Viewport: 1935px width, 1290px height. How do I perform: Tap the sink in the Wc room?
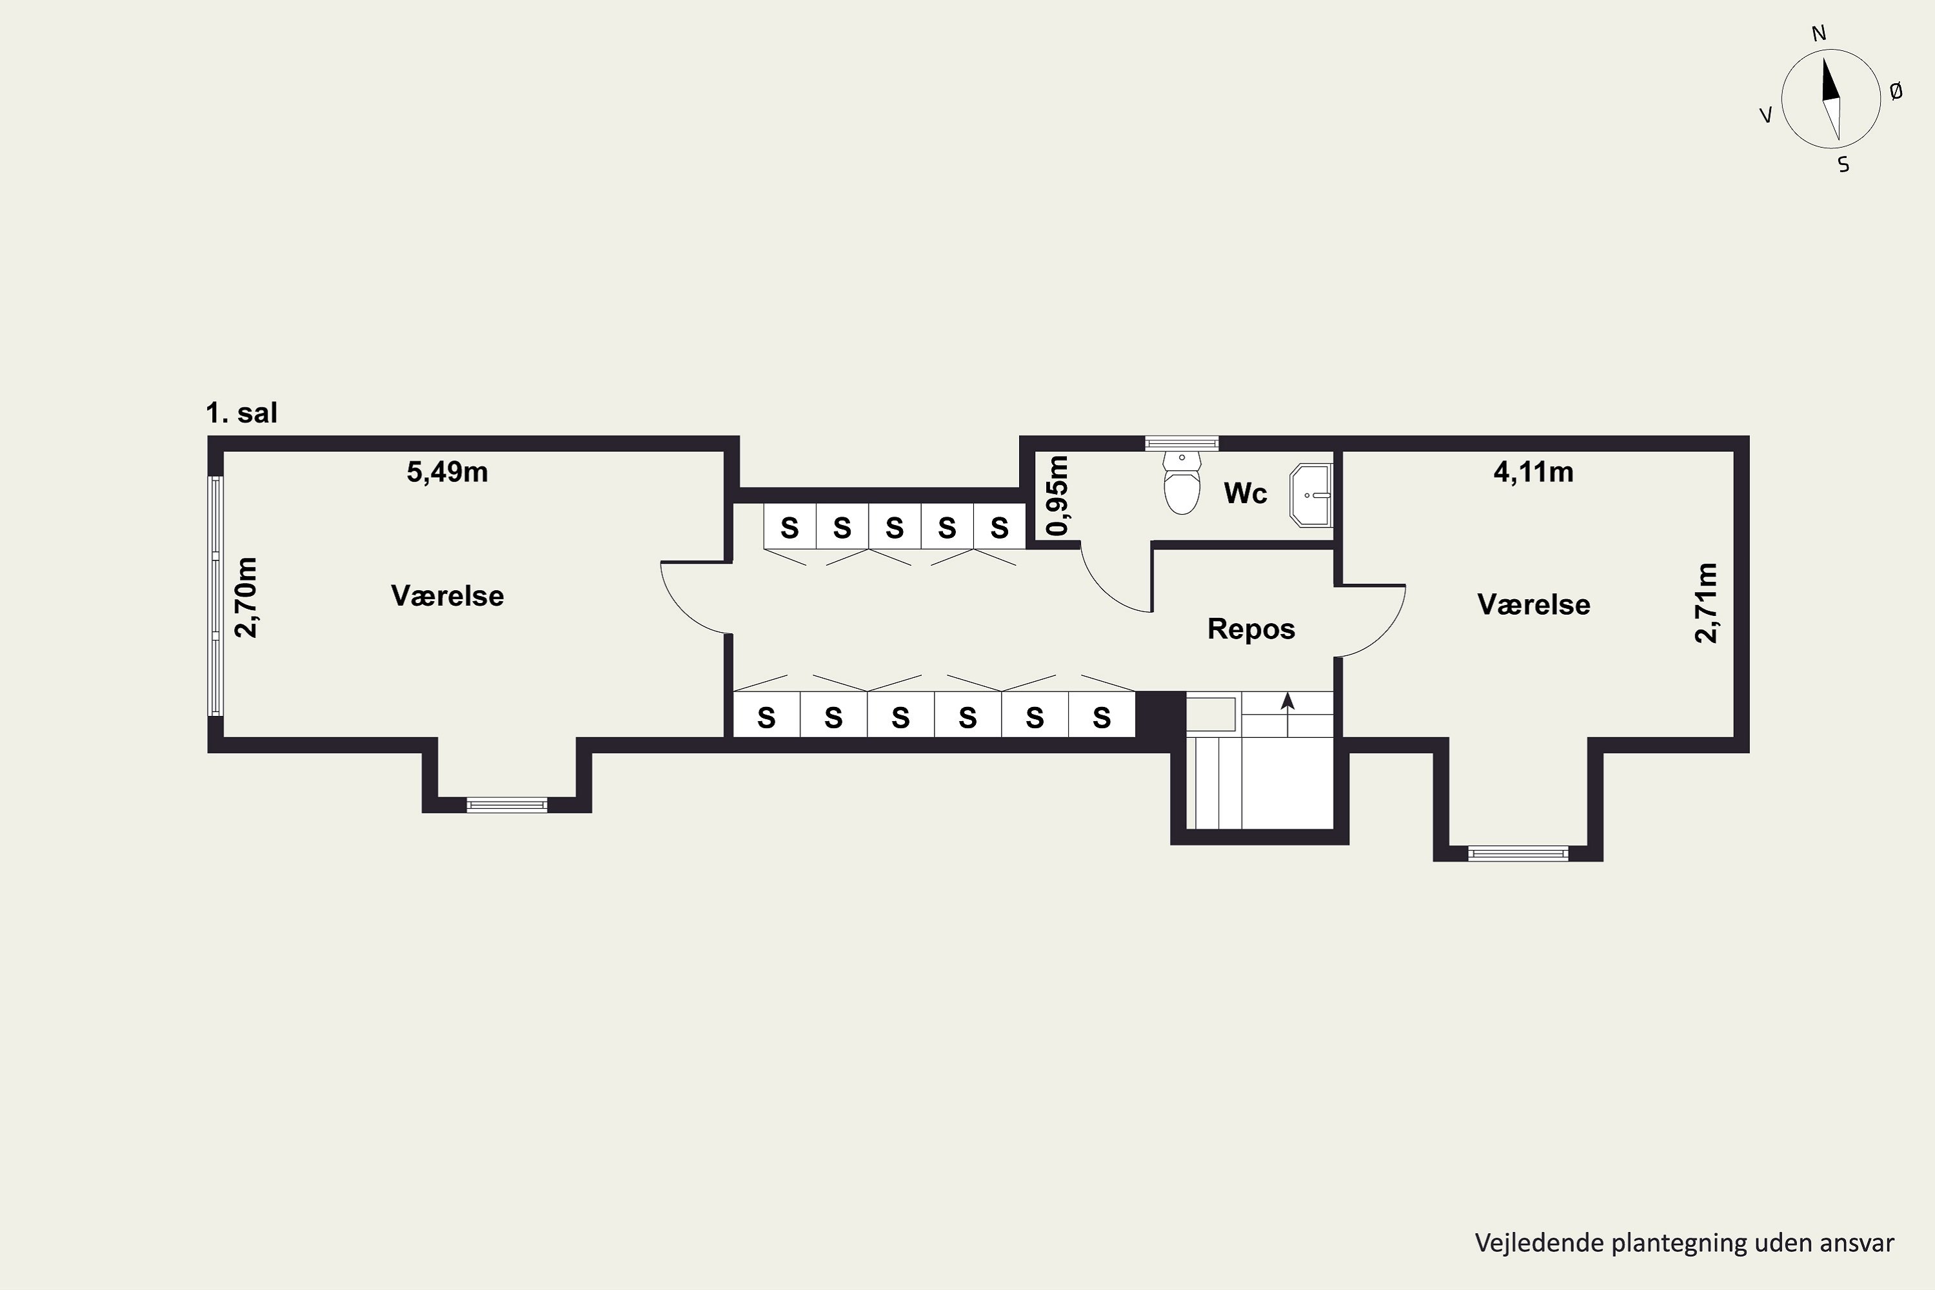click(x=1311, y=495)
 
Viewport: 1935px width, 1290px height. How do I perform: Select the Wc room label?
click(x=1245, y=493)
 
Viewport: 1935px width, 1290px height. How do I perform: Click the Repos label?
click(x=1251, y=630)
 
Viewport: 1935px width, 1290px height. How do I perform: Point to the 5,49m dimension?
click(x=448, y=472)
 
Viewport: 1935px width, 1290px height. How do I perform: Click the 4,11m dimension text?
click(x=1534, y=472)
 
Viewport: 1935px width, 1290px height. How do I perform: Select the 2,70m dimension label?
click(x=246, y=597)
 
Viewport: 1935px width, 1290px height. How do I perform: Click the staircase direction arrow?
click(x=1287, y=714)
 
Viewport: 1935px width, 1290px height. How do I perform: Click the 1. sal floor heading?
click(x=242, y=412)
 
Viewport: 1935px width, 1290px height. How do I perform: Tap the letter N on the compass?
click(x=1819, y=34)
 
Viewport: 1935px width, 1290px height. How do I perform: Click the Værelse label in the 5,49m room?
click(x=448, y=595)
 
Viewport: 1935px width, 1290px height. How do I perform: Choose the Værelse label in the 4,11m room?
click(x=1534, y=605)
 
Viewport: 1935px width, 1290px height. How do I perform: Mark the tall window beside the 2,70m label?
click(x=215, y=595)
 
